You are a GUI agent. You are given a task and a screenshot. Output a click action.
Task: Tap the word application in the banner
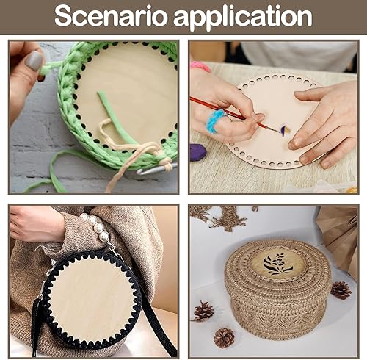(x=243, y=17)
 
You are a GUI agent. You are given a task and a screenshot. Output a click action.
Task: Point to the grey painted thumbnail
(x=34, y=60)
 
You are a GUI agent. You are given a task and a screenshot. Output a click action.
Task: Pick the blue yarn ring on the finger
(x=215, y=120)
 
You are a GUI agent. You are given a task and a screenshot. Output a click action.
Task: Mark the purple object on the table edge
(x=198, y=152)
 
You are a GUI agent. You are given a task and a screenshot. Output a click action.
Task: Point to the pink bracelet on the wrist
(x=200, y=66)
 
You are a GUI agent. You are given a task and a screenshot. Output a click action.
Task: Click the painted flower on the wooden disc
(x=286, y=129)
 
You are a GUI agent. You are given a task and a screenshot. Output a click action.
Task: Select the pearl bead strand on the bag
(x=97, y=226)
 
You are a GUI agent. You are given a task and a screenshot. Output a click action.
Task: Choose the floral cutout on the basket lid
(x=278, y=264)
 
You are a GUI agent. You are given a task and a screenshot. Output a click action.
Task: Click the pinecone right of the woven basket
(x=341, y=290)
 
